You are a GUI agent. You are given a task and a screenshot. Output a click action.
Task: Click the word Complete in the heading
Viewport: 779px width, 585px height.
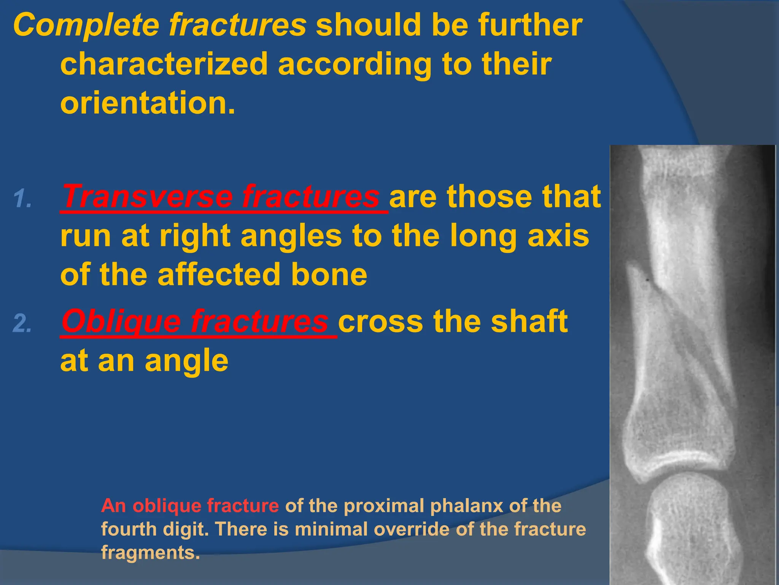[86, 25]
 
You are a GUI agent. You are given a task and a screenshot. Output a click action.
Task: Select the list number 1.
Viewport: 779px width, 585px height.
[23, 198]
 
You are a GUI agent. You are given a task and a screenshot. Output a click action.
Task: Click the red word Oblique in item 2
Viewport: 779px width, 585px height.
[121, 322]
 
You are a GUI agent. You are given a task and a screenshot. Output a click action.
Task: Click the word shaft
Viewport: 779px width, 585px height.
[529, 322]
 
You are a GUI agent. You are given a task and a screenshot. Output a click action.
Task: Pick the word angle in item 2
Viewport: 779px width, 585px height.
[186, 361]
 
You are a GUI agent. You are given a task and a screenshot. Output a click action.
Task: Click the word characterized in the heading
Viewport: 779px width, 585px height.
[164, 64]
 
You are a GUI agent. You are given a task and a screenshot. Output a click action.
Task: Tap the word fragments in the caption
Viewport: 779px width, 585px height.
[150, 553]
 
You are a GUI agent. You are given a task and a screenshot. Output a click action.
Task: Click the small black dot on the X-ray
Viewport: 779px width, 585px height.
[647, 281]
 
